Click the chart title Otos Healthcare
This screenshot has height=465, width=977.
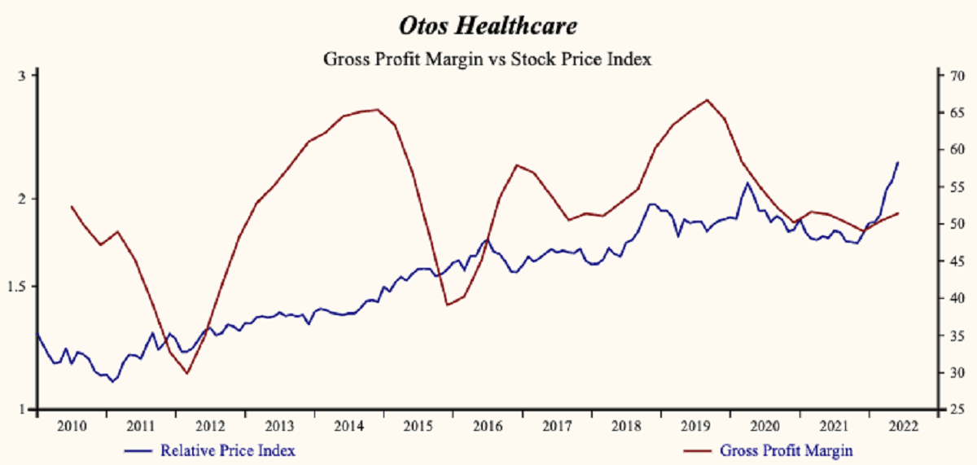point(488,26)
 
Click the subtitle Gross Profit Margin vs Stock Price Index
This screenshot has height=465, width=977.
point(488,59)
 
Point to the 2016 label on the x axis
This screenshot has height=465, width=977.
point(488,426)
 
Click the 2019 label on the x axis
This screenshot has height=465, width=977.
point(696,426)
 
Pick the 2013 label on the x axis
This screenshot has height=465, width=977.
point(279,426)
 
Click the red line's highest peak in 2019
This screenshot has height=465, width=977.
point(707,100)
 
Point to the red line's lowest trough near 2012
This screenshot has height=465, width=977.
point(187,374)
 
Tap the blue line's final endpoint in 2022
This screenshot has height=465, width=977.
point(898,162)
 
